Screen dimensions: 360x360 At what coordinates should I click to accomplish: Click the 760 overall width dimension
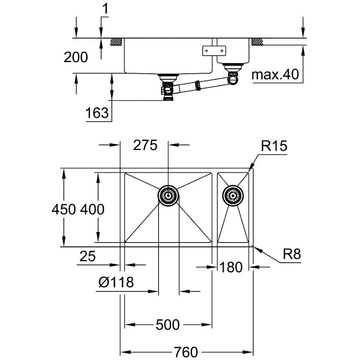187,351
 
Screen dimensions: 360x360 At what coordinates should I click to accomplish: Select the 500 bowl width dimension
167,325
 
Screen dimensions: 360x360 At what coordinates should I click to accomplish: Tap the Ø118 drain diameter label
116,282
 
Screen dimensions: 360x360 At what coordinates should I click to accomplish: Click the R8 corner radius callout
291,255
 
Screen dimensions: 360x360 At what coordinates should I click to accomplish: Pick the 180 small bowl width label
231,267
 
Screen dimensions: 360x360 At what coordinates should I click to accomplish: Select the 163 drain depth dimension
96,113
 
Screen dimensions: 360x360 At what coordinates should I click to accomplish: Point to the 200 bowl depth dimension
75,57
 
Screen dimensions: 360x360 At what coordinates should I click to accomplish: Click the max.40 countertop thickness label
274,75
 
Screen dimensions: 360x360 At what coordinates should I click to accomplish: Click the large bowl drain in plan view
168,195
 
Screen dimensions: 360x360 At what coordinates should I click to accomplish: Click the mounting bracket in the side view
213,50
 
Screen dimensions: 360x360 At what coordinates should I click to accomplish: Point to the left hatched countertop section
116,42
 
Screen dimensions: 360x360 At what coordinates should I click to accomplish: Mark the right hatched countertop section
257,42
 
